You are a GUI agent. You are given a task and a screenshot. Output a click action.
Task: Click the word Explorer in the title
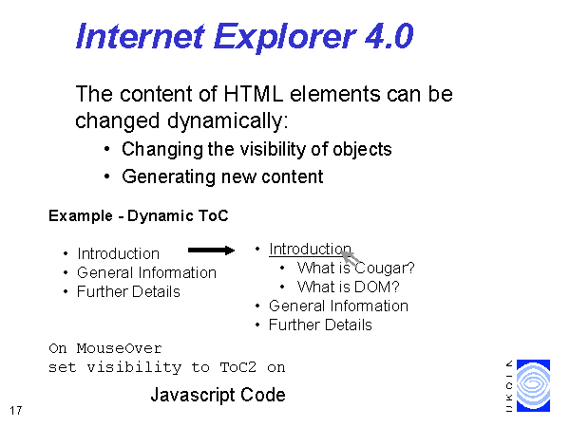coord(285,37)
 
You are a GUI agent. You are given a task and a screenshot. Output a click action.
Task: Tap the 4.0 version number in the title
coord(389,36)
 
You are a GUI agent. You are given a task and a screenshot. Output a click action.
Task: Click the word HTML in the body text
coord(254,94)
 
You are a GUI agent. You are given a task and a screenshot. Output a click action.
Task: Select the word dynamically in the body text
coord(228,121)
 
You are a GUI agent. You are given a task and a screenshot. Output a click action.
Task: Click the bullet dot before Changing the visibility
coord(106,149)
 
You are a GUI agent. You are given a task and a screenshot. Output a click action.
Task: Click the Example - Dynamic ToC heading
coord(139,215)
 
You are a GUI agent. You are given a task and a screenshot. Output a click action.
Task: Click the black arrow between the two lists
coord(211,251)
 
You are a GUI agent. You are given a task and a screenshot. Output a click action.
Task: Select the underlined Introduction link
coord(310,250)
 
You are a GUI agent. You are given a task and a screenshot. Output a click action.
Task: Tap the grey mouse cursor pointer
coord(351,258)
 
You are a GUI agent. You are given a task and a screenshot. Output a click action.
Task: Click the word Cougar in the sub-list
coord(385,269)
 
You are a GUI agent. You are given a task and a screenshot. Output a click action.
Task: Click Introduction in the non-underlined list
coord(118,253)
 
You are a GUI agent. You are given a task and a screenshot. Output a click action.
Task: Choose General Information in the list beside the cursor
coord(338,306)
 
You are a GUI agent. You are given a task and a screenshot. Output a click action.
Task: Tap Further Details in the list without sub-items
coord(128,291)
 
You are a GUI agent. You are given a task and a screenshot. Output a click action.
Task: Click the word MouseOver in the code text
coord(120,348)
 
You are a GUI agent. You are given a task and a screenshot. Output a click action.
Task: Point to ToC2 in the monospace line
coord(238,367)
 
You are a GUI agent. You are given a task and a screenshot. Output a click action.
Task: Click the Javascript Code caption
coord(218,395)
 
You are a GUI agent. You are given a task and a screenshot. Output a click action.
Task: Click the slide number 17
coord(16,411)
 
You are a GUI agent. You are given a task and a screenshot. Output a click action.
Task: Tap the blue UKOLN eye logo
coord(533,385)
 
